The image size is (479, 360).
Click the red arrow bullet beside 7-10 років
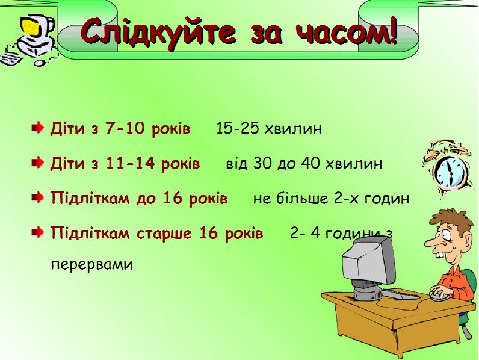[38, 127]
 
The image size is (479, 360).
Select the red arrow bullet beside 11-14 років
[38, 163]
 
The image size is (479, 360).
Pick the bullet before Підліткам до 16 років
[38, 197]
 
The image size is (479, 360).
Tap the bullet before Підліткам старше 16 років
[38, 232]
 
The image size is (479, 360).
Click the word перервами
[92, 265]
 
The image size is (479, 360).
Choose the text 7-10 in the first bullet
[125, 128]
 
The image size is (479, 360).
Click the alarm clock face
[450, 173]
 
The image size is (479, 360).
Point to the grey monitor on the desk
[368, 266]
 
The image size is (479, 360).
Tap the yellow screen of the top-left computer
[32, 26]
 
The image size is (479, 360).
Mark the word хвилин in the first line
[293, 129]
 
